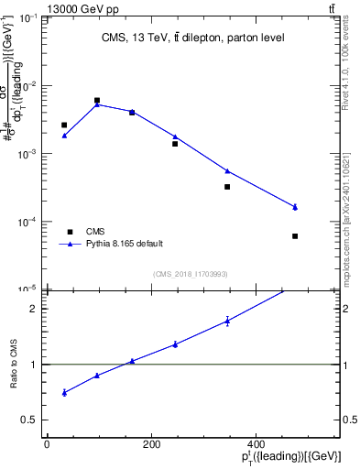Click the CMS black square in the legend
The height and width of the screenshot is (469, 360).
point(68,232)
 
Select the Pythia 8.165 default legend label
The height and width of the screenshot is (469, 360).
point(125,244)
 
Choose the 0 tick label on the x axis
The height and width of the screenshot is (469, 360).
point(47,445)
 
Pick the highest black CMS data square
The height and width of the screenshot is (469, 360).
point(97,101)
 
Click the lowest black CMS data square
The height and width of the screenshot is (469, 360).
point(295,236)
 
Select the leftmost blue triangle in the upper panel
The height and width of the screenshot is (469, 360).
point(64,136)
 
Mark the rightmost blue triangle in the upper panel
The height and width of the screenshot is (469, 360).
point(295,207)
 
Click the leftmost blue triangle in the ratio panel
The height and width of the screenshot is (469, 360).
point(64,392)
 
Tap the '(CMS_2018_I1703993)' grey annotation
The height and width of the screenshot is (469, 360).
point(191,273)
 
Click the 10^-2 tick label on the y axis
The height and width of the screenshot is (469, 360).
point(28,85)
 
